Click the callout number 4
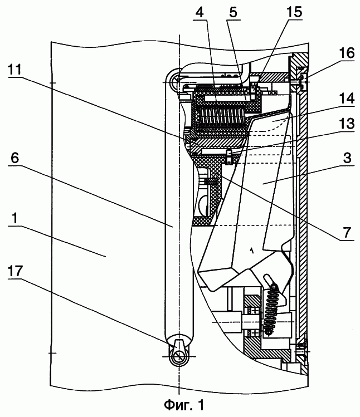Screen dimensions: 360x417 pyautogui.click(x=200, y=12)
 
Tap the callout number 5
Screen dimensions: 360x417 pyautogui.click(x=233, y=12)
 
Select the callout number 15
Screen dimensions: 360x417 pyautogui.click(x=294, y=12)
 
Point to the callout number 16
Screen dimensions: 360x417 pyautogui.click(x=347, y=53)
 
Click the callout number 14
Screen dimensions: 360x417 pyautogui.click(x=347, y=99)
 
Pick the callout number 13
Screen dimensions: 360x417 pyautogui.click(x=347, y=124)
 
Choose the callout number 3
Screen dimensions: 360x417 pyautogui.click(x=347, y=158)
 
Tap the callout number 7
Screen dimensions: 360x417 pyautogui.click(x=347, y=232)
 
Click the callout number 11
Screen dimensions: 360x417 pyautogui.click(x=15, y=70)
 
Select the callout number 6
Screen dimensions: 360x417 pyautogui.click(x=15, y=158)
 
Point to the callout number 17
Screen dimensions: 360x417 pyautogui.click(x=16, y=271)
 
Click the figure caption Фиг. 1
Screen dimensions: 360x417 pyautogui.click(x=184, y=405)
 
